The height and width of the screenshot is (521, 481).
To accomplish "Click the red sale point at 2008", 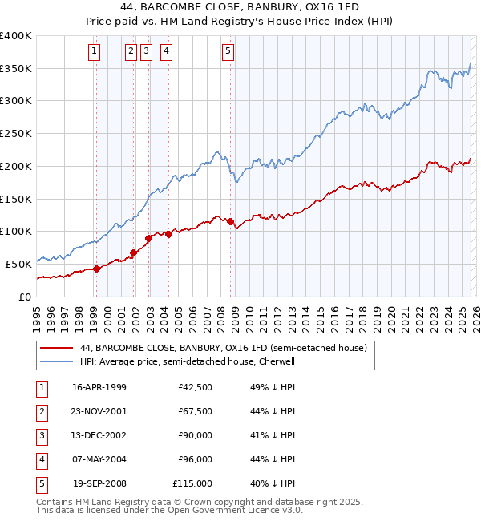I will click(230, 221).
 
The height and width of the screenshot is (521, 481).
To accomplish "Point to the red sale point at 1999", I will click(96, 269).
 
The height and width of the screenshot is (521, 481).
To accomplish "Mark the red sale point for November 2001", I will click(133, 252).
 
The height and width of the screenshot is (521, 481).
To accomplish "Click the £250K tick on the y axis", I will click(16, 134).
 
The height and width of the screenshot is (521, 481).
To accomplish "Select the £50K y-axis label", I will click(18, 264).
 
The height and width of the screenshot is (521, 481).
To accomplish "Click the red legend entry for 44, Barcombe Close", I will click(223, 348).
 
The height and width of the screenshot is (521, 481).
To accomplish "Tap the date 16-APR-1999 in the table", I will click(99, 387).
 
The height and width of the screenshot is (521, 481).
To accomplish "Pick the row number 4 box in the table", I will click(40, 459).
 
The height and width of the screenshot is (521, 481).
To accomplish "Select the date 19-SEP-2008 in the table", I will click(99, 483).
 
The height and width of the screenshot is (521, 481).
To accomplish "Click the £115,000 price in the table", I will click(192, 483).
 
